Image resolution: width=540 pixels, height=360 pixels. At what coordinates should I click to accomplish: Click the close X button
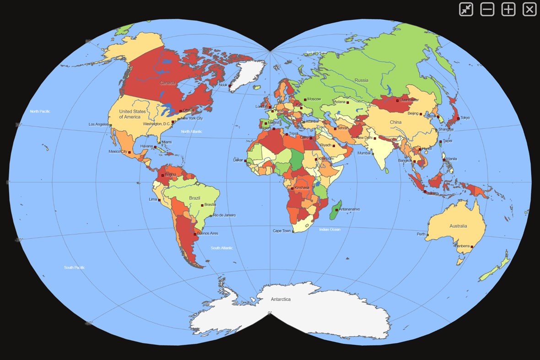529,9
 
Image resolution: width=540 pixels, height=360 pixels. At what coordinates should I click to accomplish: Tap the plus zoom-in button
508,9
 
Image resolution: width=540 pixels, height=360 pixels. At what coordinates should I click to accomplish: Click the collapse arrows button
466,9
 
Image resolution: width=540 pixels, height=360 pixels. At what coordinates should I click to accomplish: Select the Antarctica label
281,299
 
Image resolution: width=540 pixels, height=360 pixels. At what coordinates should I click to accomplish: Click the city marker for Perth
428,235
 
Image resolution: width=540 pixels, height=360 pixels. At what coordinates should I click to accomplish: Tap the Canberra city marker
472,247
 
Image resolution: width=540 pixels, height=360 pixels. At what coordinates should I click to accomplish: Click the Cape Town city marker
293,231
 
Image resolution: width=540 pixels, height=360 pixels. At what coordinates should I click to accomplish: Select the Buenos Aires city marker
195,234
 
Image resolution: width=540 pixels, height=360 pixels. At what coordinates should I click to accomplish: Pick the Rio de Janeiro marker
211,215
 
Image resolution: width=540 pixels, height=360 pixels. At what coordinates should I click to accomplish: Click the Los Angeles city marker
111,125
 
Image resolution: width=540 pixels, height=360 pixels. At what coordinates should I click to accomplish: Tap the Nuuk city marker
230,85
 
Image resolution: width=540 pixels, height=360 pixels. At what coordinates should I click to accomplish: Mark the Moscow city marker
305,99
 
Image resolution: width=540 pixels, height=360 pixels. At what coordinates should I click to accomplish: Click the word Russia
361,81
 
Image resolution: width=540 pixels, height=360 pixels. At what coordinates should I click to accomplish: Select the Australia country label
458,226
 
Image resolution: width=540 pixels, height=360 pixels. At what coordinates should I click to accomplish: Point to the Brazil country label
195,198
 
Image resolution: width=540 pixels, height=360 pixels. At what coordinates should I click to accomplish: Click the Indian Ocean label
329,229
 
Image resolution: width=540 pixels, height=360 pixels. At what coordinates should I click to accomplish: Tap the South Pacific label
74,267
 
